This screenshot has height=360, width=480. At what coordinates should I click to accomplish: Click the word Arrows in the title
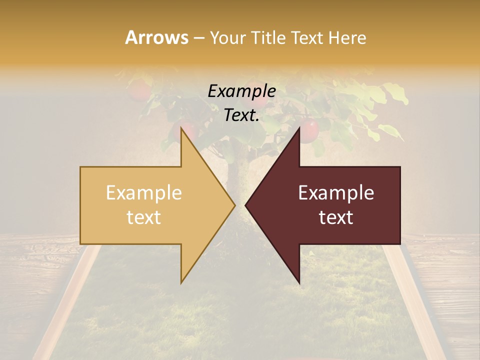pos(156,37)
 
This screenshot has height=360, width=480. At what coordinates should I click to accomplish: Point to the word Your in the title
pos(228,38)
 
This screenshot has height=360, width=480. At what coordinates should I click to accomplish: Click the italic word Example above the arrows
pos(241,91)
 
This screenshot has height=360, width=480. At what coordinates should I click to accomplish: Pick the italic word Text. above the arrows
pos(241,115)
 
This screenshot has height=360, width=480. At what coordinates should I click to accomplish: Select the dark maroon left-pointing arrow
pos(340,205)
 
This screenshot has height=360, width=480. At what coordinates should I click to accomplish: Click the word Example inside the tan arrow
pos(143,193)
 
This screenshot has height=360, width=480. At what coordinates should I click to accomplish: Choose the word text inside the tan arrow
pos(143,217)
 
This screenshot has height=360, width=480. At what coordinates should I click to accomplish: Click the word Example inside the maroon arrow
pos(336,193)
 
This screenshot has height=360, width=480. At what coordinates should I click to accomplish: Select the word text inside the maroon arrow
pos(336,217)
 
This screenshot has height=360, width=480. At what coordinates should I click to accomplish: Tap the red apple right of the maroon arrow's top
pos(310,130)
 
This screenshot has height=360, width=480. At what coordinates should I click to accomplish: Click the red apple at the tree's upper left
pos(139,90)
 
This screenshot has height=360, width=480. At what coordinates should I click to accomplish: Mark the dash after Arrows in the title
pos(198,38)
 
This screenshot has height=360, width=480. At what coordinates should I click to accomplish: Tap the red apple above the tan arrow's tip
pos(185,127)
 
